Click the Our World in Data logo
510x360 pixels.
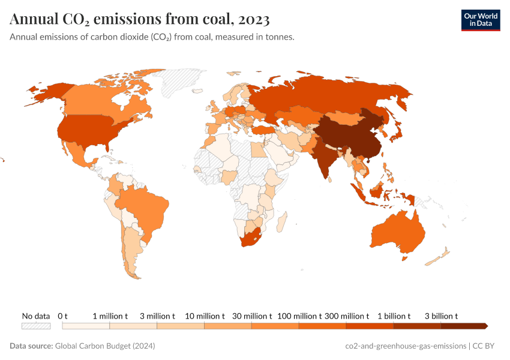click(480, 19)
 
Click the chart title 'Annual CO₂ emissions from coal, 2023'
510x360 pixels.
click(139, 19)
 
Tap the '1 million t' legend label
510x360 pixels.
click(110, 316)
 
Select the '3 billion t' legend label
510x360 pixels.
click(441, 316)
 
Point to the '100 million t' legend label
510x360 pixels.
click(299, 316)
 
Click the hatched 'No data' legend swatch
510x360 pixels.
click(36, 326)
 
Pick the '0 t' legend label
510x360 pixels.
click(63, 316)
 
